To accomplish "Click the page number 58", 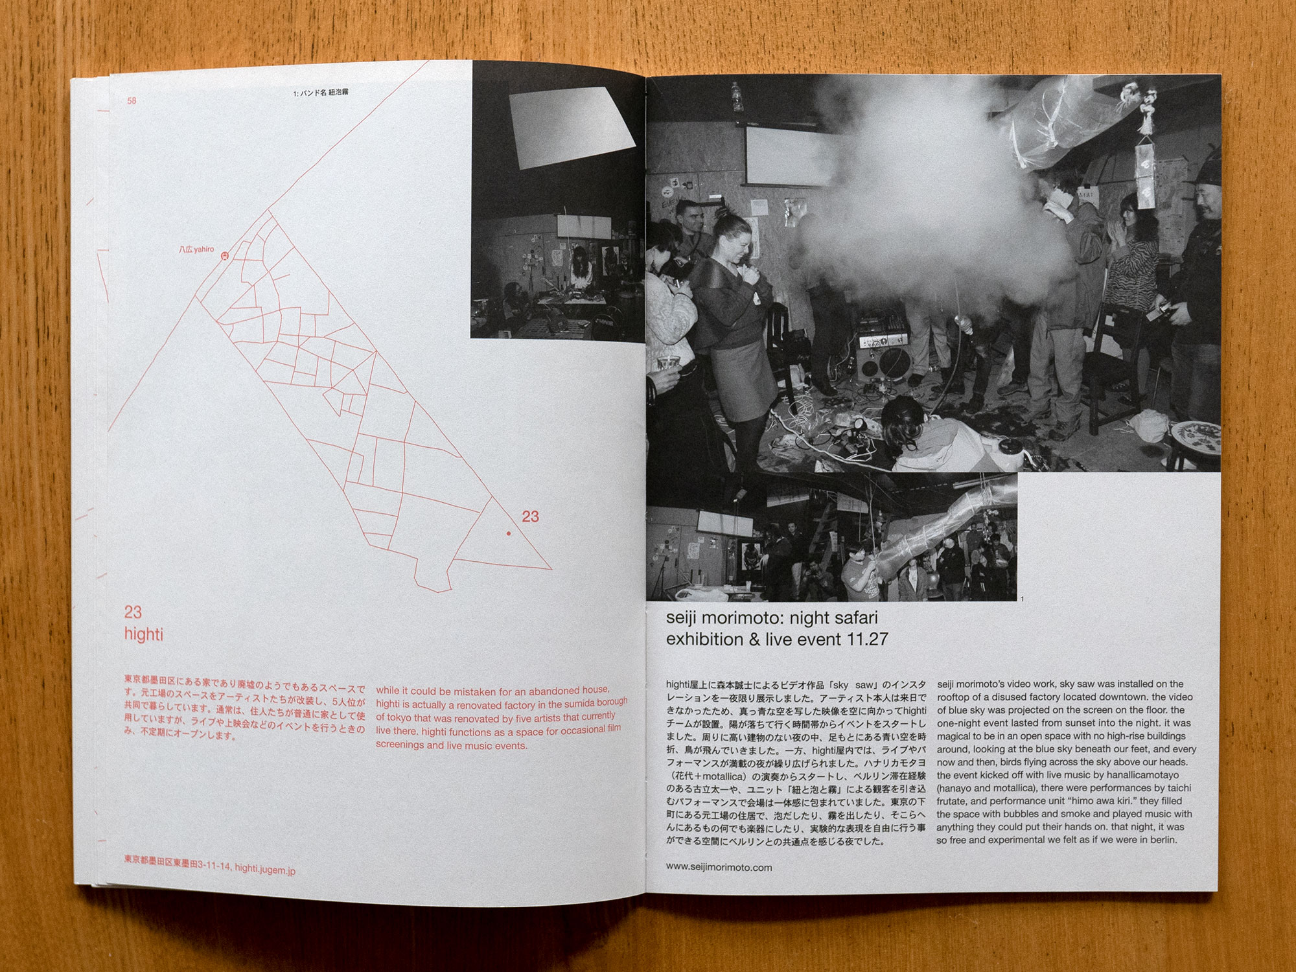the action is (132, 100).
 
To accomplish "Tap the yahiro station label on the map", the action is (197, 249).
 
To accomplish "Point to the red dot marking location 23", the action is (509, 533).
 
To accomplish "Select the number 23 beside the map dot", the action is (530, 516).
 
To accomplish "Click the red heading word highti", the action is (143, 634).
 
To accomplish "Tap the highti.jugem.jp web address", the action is (265, 870).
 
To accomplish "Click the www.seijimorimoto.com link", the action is (719, 867).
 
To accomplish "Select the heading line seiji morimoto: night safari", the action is (772, 618).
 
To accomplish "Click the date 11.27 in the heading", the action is (868, 639).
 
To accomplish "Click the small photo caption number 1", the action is (1022, 599).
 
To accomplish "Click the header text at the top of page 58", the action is (321, 93).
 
